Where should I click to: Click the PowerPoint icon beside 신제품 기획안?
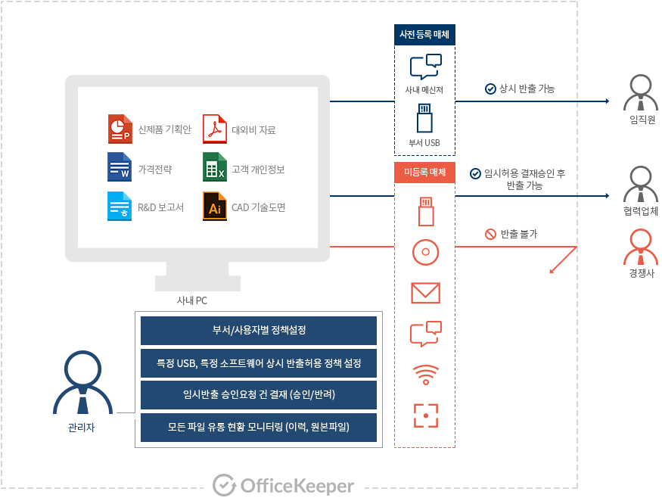[120, 129]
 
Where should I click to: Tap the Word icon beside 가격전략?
[120, 168]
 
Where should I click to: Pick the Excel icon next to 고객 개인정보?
[214, 168]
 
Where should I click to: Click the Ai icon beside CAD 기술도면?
[214, 207]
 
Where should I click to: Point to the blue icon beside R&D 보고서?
[120, 207]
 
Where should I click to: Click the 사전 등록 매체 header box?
[424, 34]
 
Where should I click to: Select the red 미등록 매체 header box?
[424, 173]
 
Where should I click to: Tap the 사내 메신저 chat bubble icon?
[424, 67]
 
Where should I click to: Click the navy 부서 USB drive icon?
[424, 120]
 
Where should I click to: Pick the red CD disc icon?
[425, 252]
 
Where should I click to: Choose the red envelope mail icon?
[425, 293]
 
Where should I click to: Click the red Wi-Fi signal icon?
[425, 375]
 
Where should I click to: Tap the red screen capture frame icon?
[425, 415]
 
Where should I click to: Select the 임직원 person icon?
[641, 94]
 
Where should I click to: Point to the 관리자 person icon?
[81, 382]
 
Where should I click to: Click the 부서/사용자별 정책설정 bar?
[259, 331]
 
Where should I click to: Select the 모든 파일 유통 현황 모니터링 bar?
[259, 428]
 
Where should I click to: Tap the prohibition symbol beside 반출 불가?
[490, 234]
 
